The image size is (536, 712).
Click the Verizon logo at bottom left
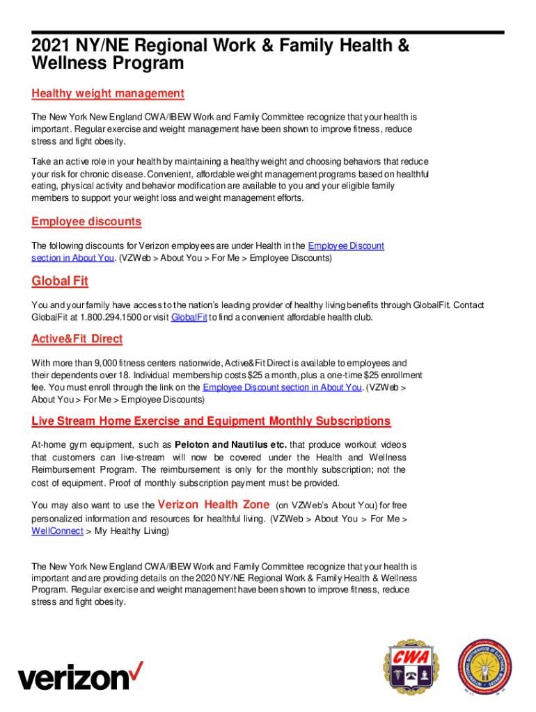(x=81, y=675)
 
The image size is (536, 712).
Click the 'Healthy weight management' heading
(x=108, y=93)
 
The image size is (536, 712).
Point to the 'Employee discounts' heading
(x=86, y=221)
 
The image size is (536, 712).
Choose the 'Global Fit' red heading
(x=60, y=281)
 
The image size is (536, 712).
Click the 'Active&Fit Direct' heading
(x=77, y=339)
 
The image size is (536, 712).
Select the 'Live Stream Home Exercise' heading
(x=211, y=421)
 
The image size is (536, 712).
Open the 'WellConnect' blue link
(x=58, y=531)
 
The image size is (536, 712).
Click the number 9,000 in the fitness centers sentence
(x=104, y=363)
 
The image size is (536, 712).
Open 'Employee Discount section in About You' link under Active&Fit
(x=282, y=387)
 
